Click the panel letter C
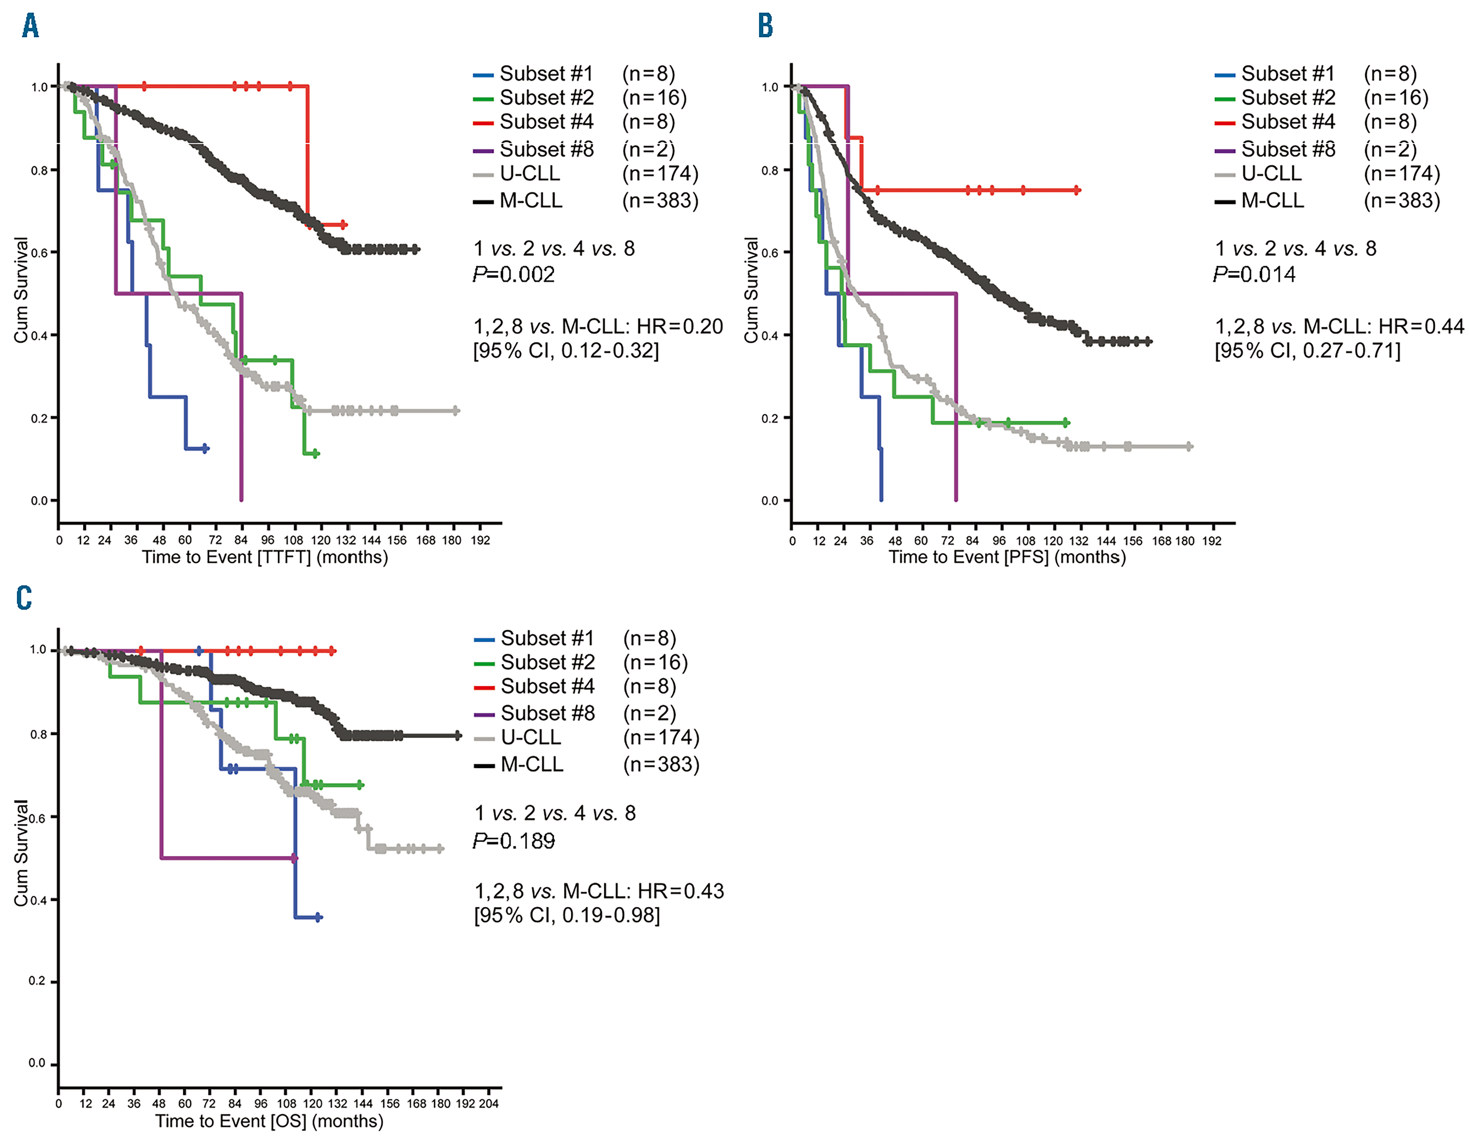(24, 597)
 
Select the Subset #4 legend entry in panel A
(546, 122)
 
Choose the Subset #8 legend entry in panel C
(548, 713)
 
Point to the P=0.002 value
(514, 274)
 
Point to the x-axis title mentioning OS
(269, 1121)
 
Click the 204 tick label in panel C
(488, 1104)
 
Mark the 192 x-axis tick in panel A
(480, 540)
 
